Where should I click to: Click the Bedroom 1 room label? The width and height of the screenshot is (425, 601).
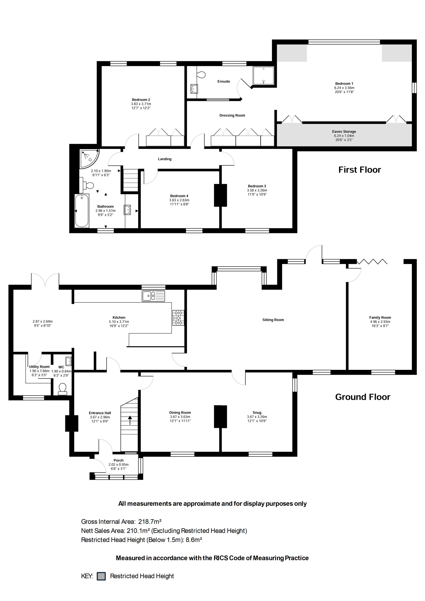coord(344,84)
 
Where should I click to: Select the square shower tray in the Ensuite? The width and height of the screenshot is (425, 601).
coord(263,76)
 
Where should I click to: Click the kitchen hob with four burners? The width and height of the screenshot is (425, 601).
coord(178,318)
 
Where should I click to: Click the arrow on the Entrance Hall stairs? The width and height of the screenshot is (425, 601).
coord(130,420)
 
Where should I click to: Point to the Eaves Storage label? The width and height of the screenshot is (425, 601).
coord(344,132)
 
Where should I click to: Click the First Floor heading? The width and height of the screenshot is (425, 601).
coord(360,170)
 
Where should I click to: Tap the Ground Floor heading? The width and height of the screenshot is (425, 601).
coord(363,397)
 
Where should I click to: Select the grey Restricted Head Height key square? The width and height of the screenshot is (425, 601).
coord(101,576)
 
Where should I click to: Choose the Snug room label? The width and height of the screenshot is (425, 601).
coord(257,413)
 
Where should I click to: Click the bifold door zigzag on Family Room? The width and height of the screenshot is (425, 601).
coord(372,261)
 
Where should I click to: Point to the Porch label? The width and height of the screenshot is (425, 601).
coord(119,460)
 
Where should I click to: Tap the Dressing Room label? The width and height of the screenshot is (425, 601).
coord(232,115)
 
